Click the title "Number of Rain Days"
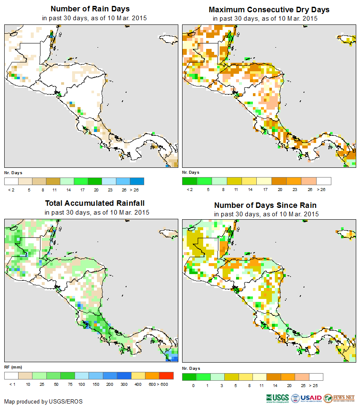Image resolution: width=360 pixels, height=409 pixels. tap(90, 9)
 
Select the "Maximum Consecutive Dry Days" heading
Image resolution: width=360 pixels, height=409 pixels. tap(269, 9)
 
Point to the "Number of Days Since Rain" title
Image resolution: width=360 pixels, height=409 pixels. tap(265, 205)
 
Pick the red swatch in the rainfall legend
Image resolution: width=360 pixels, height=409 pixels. tap(167, 375)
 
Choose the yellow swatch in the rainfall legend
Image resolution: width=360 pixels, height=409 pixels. tap(138, 375)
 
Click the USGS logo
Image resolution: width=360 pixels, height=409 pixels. tap(277, 398)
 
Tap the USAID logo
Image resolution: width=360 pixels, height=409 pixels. tap(307, 398)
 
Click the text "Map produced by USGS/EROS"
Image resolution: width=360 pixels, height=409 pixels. tap(43, 401)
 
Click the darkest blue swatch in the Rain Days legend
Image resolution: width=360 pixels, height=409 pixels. tap(137, 181)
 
